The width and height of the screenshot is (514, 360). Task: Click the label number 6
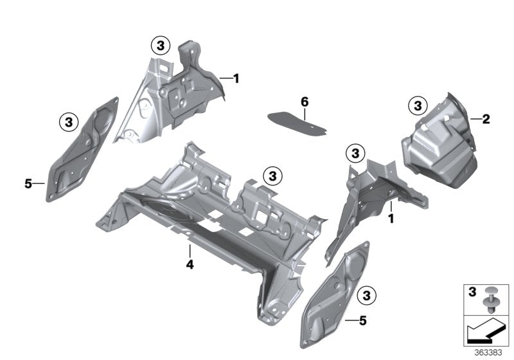(305, 102)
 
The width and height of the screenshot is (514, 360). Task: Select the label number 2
(486, 119)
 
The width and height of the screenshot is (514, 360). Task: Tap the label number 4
(190, 264)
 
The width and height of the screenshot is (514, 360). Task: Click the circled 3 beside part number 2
(418, 105)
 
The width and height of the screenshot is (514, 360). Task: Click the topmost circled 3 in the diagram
(161, 45)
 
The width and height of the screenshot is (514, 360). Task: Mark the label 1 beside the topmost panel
(236, 78)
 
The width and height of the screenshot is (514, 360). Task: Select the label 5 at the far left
(28, 184)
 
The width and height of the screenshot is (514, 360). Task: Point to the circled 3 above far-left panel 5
(68, 120)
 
